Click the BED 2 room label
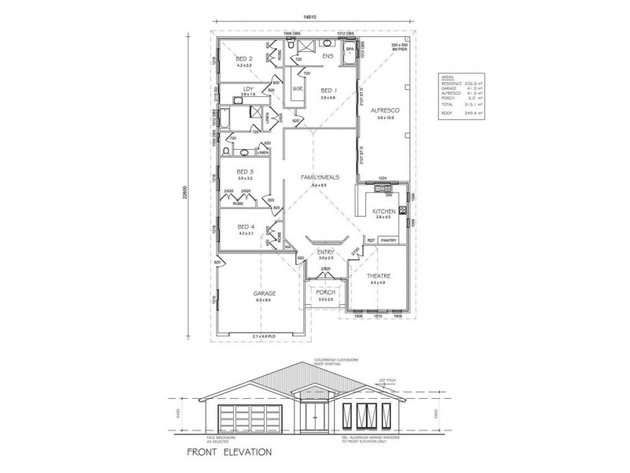tap(243, 58)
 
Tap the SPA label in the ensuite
tap(350, 47)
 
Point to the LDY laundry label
tap(247, 88)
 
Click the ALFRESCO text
tap(386, 111)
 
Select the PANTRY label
tap(387, 240)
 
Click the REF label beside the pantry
tap(369, 240)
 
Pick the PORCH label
tap(325, 292)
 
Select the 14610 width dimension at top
tap(315, 17)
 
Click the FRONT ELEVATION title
tap(228, 453)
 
